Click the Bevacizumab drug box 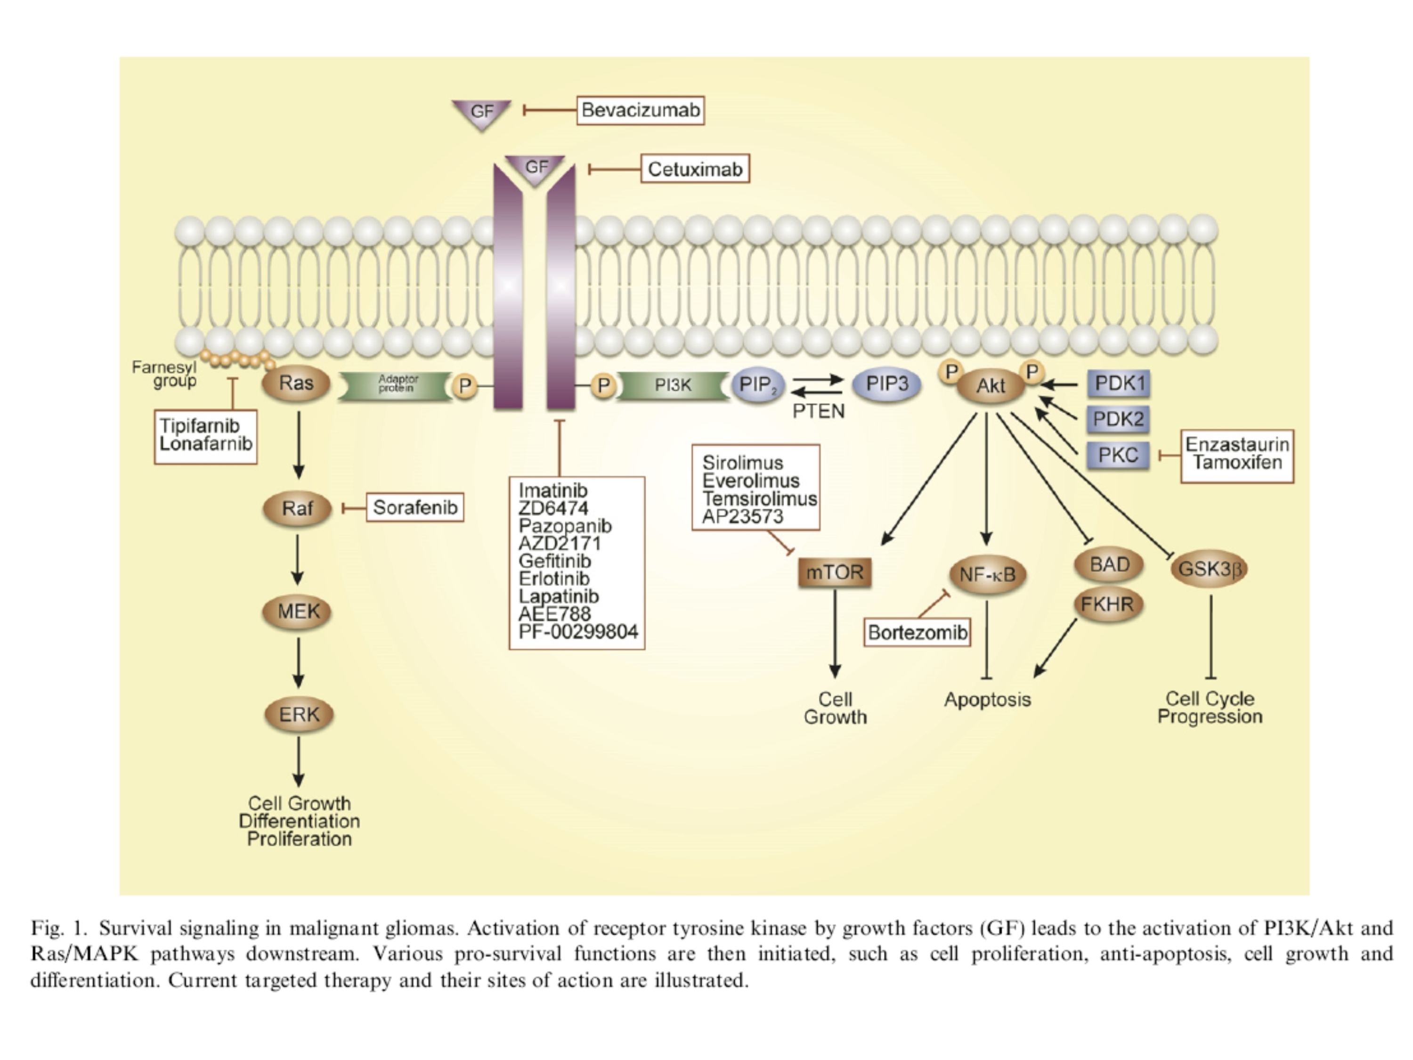click(640, 111)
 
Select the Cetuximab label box click(695, 169)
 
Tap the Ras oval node click(296, 383)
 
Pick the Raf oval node click(298, 509)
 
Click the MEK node click(298, 612)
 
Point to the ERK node click(299, 714)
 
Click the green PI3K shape click(673, 385)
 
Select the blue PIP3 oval click(887, 384)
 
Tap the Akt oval click(990, 386)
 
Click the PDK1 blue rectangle click(1119, 383)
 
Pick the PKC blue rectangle click(1118, 455)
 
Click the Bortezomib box click(918, 633)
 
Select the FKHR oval click(1108, 604)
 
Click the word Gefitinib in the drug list click(554, 561)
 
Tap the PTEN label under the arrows click(818, 411)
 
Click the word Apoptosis click(988, 700)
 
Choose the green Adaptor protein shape click(397, 385)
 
